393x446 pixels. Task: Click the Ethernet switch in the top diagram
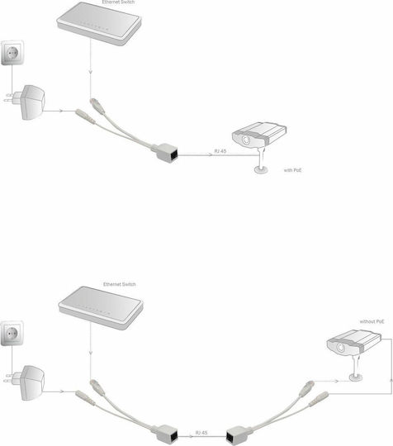coord(99,23)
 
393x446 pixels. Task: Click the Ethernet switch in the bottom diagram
coord(101,308)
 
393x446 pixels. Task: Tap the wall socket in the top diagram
coord(12,53)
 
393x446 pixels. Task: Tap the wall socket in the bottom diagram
coord(12,333)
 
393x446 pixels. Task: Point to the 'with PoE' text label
coord(292,170)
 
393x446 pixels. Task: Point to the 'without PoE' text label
coord(372,321)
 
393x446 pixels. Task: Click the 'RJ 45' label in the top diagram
coord(220,151)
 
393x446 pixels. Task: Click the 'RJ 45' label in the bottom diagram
coord(201,433)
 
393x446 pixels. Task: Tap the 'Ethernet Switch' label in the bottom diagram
coord(120,284)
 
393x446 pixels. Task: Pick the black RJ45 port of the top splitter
coord(173,155)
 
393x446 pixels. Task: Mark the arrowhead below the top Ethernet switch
coord(91,72)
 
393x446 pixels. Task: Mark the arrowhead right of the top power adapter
coord(61,111)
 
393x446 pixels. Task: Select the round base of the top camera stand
coord(261,170)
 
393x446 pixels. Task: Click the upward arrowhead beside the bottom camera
coord(391,380)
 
